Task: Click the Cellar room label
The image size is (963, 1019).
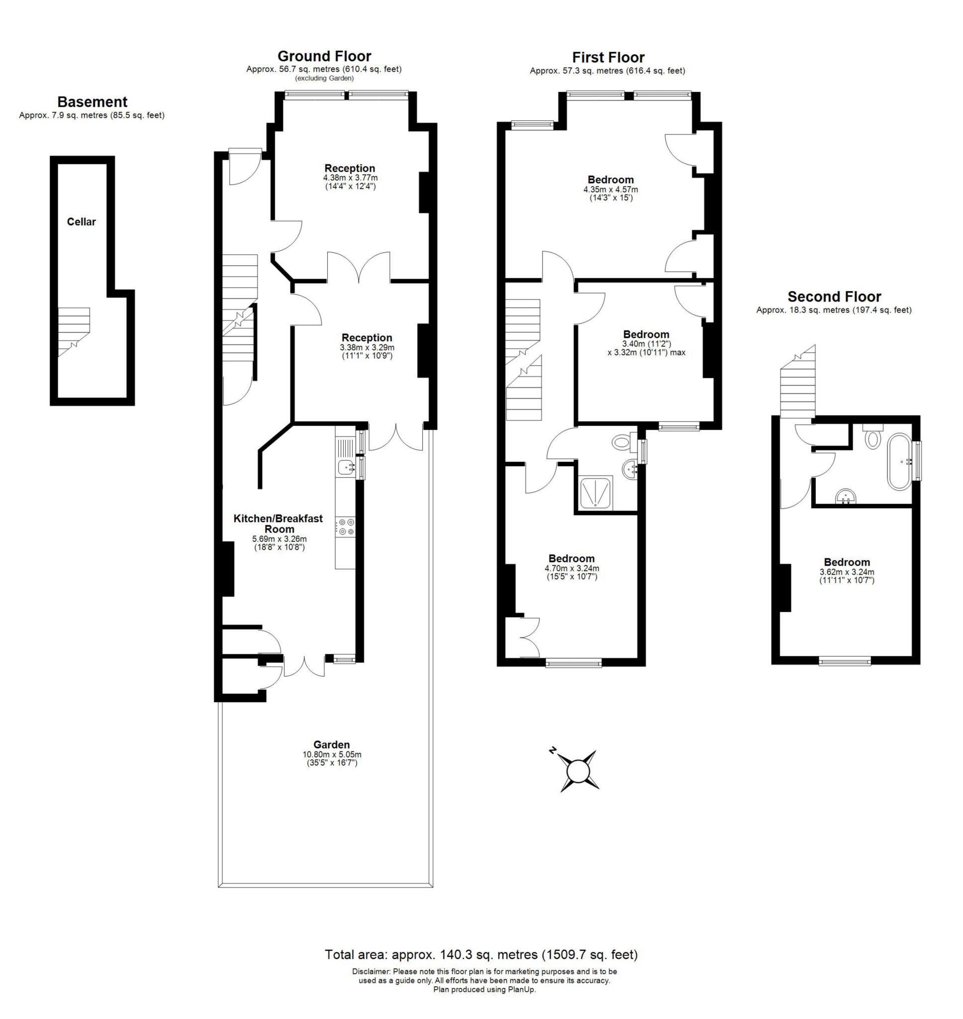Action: [81, 222]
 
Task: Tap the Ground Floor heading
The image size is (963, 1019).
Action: [324, 56]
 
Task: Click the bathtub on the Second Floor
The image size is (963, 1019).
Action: [899, 462]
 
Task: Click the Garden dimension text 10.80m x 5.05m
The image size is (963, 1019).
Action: [332, 755]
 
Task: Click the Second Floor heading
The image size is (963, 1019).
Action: [834, 297]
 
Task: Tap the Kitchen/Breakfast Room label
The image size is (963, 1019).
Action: [278, 523]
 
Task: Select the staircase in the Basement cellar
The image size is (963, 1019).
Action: [74, 330]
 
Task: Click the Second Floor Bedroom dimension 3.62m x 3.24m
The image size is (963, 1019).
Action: [847, 572]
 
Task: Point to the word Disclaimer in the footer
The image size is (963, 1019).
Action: [371, 972]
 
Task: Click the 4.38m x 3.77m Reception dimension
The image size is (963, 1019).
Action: [350, 178]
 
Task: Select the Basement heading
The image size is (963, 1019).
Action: [92, 102]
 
